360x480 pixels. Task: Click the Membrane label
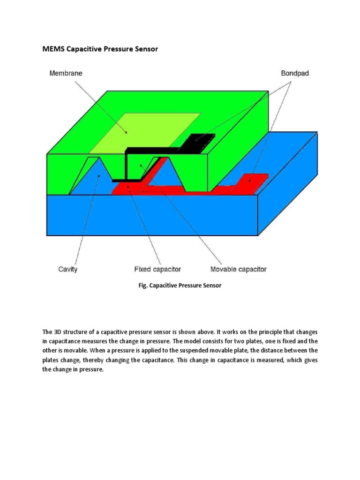pos(66,73)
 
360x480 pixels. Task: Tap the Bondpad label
pos(295,73)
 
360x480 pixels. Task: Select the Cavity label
pos(68,269)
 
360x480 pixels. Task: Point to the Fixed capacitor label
pos(157,269)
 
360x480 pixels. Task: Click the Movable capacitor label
pos(238,269)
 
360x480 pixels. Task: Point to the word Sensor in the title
pos(146,49)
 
